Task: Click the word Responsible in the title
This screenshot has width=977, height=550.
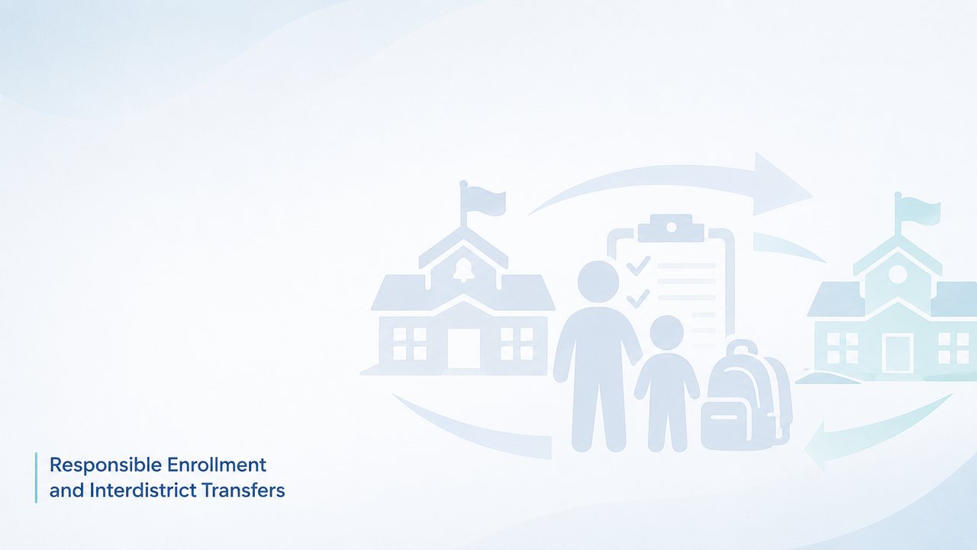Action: coord(106,466)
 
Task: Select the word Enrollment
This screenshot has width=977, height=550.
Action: coord(217,465)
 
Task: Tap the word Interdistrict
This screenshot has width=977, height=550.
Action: coord(143,490)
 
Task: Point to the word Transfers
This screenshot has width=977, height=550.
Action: coord(243,490)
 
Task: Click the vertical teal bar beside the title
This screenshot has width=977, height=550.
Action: coord(36,477)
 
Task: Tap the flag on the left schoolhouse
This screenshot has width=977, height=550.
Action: coord(483,199)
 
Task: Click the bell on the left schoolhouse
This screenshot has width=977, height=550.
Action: coord(463,270)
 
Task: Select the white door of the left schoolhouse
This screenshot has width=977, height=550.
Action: coord(463,348)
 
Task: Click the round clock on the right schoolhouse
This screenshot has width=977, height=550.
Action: coord(898,274)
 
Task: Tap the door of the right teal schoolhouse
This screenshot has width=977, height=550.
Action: coord(898,354)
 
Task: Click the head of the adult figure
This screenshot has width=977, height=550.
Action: coord(598,282)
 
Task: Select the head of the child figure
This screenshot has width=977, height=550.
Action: coord(666,332)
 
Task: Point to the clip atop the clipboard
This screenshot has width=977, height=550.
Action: coord(671,228)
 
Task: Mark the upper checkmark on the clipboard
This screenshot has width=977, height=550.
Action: coord(638,265)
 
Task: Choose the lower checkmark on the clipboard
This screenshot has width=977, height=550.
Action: coord(638,299)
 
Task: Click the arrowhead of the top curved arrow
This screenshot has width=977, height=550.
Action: coord(781,185)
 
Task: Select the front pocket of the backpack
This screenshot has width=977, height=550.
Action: coord(725,425)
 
